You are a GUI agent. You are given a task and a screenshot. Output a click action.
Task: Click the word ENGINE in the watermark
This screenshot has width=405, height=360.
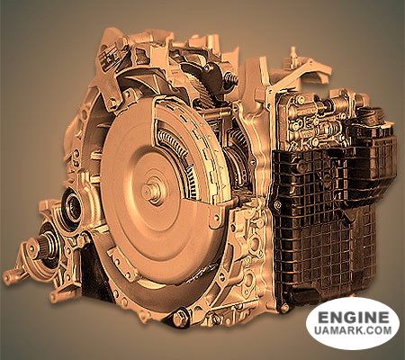(x=353, y=318)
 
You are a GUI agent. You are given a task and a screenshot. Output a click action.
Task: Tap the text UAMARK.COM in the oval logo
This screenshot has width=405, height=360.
(x=353, y=330)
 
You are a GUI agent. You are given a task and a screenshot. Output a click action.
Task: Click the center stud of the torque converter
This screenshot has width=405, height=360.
(x=149, y=191)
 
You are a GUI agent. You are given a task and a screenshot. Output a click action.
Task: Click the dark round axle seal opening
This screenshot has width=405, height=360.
(x=72, y=208)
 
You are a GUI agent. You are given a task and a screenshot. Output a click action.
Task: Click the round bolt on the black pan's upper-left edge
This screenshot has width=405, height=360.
(x=278, y=205)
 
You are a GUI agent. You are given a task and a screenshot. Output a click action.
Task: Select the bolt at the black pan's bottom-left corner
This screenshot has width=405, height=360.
(x=284, y=308)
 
